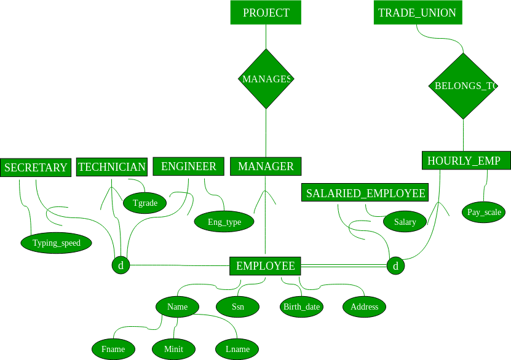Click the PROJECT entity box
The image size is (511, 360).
click(266, 12)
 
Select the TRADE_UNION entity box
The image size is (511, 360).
click(418, 12)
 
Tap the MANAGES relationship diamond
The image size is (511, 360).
click(266, 79)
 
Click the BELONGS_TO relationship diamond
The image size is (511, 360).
click(463, 86)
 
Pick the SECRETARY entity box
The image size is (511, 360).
click(36, 168)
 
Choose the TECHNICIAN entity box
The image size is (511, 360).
click(112, 167)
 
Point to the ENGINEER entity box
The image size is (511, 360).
click(188, 166)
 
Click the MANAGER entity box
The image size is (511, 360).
click(266, 166)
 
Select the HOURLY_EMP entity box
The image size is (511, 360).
click(466, 160)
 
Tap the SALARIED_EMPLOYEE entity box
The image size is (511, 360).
click(365, 192)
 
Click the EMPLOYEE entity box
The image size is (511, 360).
click(265, 266)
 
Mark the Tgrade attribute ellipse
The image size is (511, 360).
click(145, 203)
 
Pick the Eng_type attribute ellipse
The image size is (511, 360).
click(224, 222)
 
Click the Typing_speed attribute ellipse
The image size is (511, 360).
click(57, 243)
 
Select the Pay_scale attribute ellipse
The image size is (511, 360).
click(484, 212)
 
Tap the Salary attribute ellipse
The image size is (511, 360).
click(405, 222)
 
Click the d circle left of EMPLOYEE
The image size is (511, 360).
click(121, 265)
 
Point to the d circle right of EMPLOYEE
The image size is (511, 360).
click(395, 265)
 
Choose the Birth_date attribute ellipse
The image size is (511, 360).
click(301, 307)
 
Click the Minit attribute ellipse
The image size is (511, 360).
click(173, 350)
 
